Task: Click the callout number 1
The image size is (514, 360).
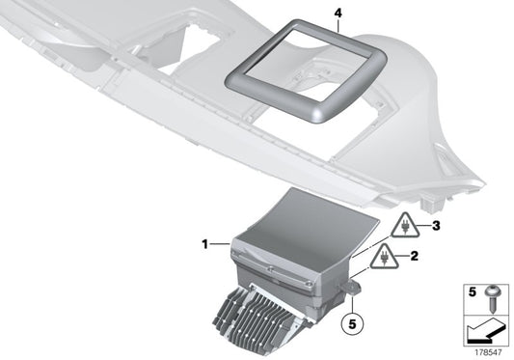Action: (203, 245)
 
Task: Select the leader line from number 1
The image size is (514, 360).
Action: (219, 245)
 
